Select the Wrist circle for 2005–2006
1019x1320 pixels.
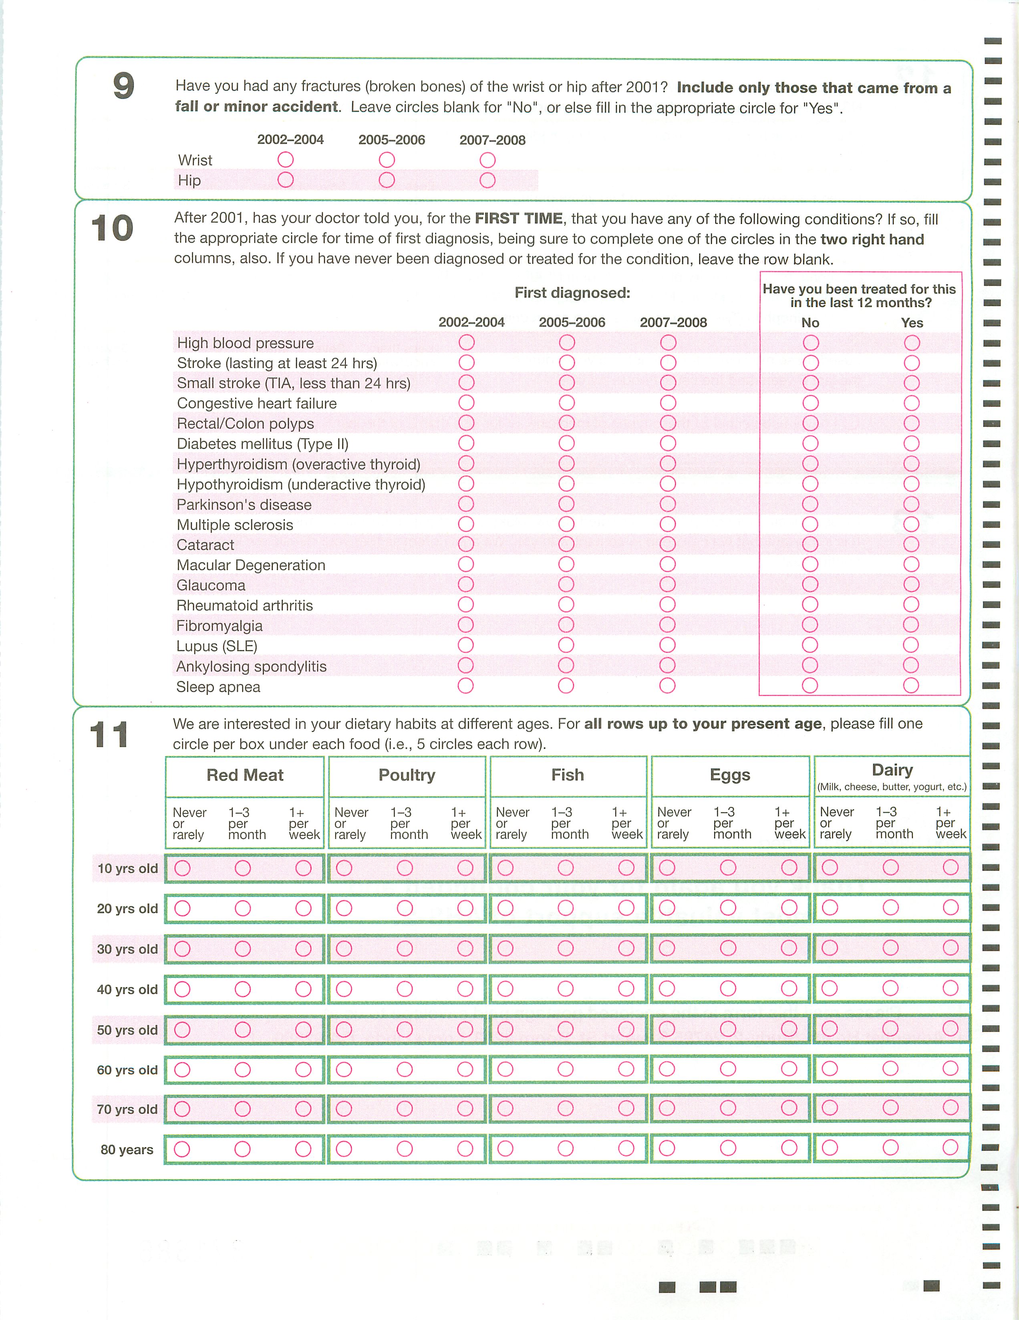[387, 160]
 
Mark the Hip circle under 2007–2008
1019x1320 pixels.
[488, 180]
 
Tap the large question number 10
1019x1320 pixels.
[113, 228]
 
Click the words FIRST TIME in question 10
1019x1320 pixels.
[519, 218]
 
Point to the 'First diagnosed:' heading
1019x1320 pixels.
[572, 293]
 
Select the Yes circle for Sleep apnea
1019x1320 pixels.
[911, 685]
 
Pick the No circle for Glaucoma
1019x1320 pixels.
[810, 584]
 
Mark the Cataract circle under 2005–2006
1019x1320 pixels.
[566, 544]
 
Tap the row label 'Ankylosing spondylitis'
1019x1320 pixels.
[252, 666]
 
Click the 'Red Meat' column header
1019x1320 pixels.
[245, 775]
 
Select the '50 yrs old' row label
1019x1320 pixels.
[127, 1030]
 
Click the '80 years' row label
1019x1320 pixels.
[127, 1149]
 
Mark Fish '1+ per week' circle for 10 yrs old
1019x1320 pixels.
[626, 868]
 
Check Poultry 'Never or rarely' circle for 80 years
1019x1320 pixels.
[344, 1149]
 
